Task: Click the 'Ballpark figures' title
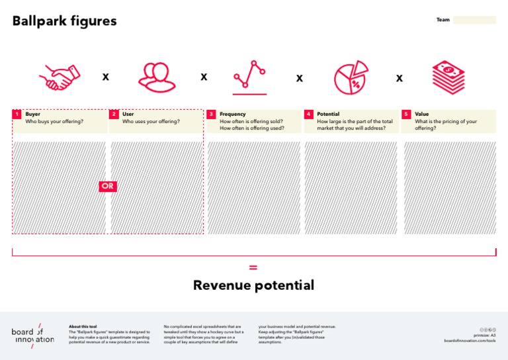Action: (64, 21)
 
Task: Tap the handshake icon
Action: (59, 77)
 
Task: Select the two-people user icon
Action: (157, 77)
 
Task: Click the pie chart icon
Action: (351, 77)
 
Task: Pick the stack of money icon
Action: (448, 77)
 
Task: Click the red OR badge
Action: (108, 187)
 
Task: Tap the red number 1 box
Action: (17, 114)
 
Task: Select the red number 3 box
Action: (211, 114)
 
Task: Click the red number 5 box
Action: (406, 114)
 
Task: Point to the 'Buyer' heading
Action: (32, 114)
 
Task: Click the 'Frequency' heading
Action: (232, 114)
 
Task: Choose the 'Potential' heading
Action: (328, 114)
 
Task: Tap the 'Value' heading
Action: (421, 114)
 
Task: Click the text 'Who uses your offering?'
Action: (151, 122)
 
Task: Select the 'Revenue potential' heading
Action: (253, 285)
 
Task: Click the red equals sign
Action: (253, 267)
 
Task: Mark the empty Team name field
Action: (474, 20)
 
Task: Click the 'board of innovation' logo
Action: (32, 335)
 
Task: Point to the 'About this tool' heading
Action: (83, 326)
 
